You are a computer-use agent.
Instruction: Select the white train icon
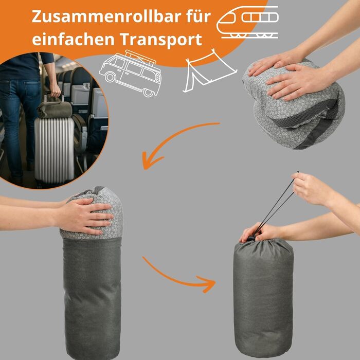(x=247, y=22)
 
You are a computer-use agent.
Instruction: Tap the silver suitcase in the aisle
(x=54, y=150)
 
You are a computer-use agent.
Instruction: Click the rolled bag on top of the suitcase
(x=55, y=109)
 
